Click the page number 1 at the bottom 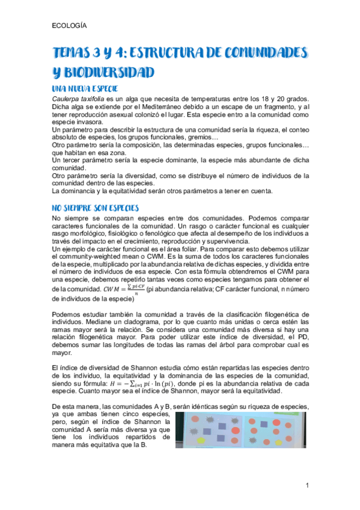point(307,485)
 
